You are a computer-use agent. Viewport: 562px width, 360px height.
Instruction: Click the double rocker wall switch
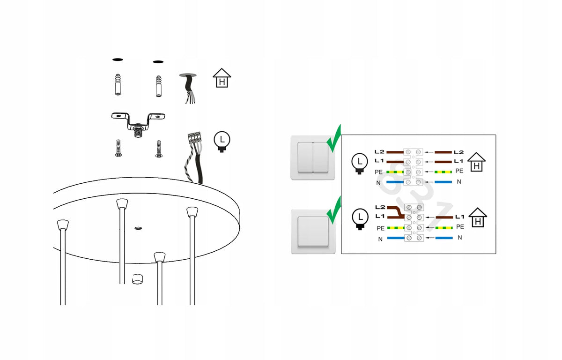pos(313,157)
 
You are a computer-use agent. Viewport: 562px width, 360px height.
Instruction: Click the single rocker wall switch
pos(313,232)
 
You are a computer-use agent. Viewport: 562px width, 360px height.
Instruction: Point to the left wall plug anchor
pos(118,84)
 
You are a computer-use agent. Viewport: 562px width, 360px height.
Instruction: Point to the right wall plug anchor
pos(159,86)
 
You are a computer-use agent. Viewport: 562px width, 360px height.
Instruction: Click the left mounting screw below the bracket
pos(118,149)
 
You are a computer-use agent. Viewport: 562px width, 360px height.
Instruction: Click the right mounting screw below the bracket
pos(159,149)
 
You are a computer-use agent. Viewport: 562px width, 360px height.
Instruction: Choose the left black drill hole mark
pos(118,60)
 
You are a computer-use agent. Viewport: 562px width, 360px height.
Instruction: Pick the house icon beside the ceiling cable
pos(222,78)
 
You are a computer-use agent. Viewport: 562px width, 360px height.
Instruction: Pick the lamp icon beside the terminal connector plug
pos(222,142)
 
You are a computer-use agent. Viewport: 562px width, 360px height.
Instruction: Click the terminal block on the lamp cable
pos(194,138)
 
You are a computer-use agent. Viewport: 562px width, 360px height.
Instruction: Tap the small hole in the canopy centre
pos(138,228)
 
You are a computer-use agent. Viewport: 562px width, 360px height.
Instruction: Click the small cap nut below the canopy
pos(137,279)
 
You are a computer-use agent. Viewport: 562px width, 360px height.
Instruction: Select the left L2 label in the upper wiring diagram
pos(379,152)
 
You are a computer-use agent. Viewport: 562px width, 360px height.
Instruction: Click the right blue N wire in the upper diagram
pos(443,182)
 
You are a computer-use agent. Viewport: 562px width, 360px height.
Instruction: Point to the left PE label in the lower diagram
pos(381,228)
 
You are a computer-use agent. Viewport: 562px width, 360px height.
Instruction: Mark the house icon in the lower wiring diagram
pos(478,218)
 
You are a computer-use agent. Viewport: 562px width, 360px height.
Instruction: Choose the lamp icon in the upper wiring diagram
pos(360,164)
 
